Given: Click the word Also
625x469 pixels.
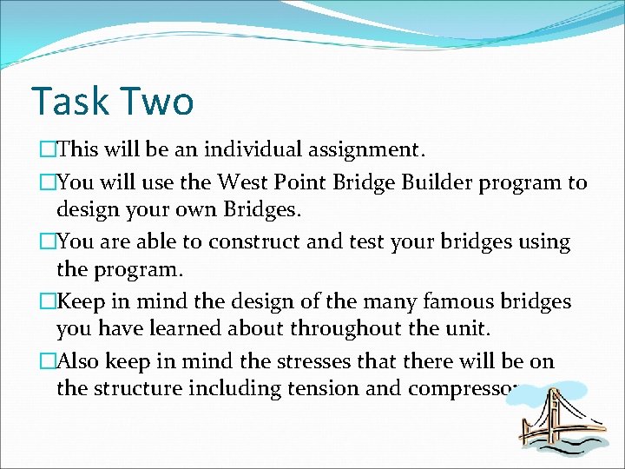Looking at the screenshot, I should (x=79, y=360).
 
